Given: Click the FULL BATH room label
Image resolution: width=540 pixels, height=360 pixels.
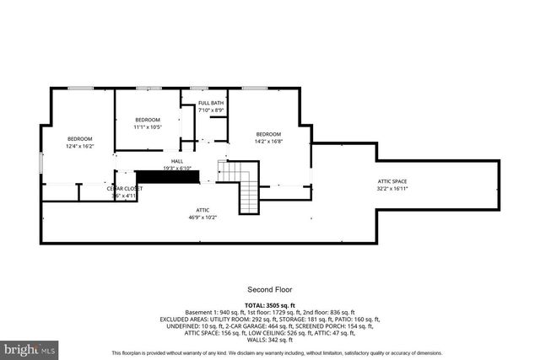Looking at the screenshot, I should [210, 104].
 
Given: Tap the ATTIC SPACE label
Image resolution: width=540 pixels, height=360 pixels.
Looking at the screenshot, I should [391, 182].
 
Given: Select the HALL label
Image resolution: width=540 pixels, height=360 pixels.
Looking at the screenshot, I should [177, 161].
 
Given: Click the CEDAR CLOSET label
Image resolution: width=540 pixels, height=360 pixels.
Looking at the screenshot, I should [124, 188].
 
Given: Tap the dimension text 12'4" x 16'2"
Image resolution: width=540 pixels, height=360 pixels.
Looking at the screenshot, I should [80, 146].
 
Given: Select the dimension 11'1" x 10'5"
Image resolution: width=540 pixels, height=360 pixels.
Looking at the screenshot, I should [148, 127].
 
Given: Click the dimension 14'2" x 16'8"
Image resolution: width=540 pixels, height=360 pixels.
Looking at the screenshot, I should [268, 142].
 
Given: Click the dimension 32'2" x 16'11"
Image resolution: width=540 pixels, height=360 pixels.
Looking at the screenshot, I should [391, 189].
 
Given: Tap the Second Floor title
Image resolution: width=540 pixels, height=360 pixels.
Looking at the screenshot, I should [269, 288].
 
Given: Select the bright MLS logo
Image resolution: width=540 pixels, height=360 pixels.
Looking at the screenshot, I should [30, 347].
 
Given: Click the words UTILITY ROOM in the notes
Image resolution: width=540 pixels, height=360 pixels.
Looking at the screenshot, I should [213, 320].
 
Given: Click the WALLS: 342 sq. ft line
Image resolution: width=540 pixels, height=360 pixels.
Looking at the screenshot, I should [269, 340].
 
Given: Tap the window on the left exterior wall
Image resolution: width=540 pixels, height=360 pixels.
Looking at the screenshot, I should [40, 162].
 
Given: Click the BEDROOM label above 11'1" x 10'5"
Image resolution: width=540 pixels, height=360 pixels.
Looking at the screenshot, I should [148, 121].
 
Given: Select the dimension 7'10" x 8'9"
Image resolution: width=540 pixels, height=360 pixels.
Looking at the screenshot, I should [210, 110].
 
